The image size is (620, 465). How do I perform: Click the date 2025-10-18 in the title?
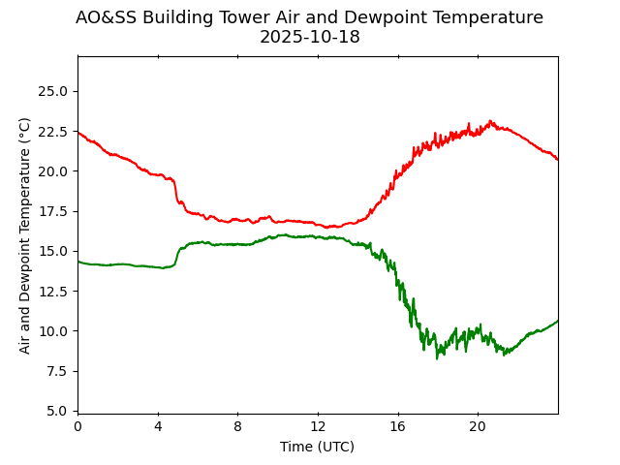[309, 37]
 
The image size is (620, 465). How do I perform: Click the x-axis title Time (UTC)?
[317, 447]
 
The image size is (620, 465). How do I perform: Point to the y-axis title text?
[25, 234]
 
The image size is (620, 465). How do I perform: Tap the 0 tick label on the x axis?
[77, 426]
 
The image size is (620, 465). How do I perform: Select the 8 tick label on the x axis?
[237, 426]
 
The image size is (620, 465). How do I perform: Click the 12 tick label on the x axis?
[318, 426]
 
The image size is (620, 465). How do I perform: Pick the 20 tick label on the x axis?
[478, 426]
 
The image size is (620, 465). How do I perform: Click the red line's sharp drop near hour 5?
[177, 193]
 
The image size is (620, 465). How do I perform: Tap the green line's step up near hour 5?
[178, 255]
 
